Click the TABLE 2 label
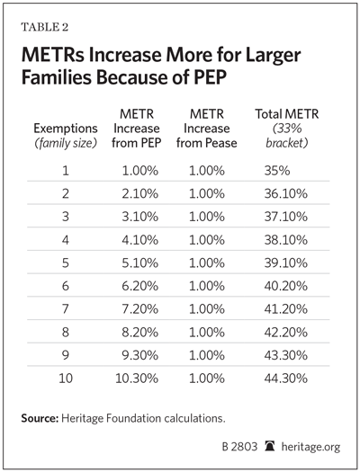click(x=45, y=27)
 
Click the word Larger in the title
click(x=274, y=56)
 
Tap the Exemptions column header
click(x=66, y=136)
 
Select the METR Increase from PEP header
click(x=137, y=129)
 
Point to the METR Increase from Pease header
click(x=207, y=129)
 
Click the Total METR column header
click(x=287, y=129)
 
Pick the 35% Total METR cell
click(x=277, y=171)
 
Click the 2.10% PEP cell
click(x=139, y=193)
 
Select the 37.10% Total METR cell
click(x=286, y=217)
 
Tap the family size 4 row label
click(x=66, y=240)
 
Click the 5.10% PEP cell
click(x=139, y=263)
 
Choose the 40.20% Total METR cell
click(x=286, y=286)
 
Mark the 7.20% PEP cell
click(x=139, y=309)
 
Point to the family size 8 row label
click(x=66, y=332)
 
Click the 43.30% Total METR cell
click(x=286, y=355)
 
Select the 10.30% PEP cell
click(x=137, y=378)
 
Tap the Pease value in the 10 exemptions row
click(x=207, y=378)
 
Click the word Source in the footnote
click(x=40, y=418)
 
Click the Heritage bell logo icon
click(x=270, y=446)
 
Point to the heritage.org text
click(x=310, y=447)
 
